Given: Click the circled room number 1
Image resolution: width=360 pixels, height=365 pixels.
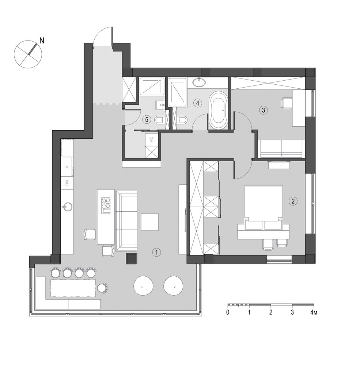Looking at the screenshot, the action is coord(156,252).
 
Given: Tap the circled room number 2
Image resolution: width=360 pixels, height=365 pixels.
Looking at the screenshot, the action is coord(293,201).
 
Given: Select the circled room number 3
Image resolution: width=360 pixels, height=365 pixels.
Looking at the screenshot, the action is coord(264,110).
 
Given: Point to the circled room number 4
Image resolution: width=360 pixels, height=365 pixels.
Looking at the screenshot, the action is coord(198,103).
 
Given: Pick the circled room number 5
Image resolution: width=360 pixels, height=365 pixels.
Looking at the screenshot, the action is coord(147,120).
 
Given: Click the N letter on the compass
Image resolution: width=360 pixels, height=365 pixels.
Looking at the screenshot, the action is coord(42,41).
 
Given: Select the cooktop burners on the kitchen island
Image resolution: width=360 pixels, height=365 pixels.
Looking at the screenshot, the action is coord(106,205).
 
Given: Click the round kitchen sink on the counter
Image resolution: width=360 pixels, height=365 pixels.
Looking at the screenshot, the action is coord(67,207).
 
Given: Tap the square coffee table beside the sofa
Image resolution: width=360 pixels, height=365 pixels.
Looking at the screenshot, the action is coord(149,222).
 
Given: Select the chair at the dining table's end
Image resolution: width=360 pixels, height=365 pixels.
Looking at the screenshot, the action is coord(102,288).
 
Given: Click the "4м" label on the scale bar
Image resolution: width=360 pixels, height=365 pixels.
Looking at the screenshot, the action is coord(314,312).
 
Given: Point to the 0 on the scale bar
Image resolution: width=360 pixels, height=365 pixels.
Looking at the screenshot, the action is coord(228,312).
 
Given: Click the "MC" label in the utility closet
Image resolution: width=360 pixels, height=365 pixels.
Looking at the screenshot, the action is coord(152,140).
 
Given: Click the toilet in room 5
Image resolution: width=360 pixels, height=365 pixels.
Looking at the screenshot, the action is coord(160,120).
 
